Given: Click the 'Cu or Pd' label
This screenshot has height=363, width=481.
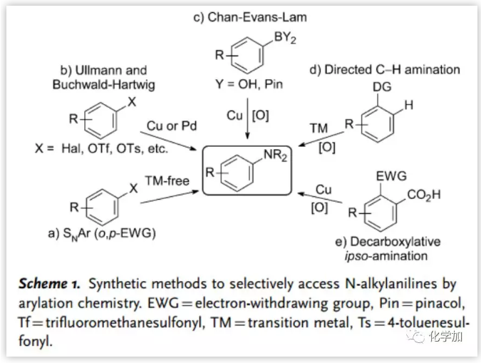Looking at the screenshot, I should coord(172,126).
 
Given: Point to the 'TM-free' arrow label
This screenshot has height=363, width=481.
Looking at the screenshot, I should coord(167,181).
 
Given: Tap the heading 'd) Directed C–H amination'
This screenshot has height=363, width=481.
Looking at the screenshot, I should coord(385,69).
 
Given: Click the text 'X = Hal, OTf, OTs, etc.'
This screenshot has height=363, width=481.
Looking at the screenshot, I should coord(101,149).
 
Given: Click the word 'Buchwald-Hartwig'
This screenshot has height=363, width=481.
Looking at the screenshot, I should coord(103,84).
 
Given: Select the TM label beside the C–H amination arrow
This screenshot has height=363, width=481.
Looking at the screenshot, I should coord(319,128).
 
